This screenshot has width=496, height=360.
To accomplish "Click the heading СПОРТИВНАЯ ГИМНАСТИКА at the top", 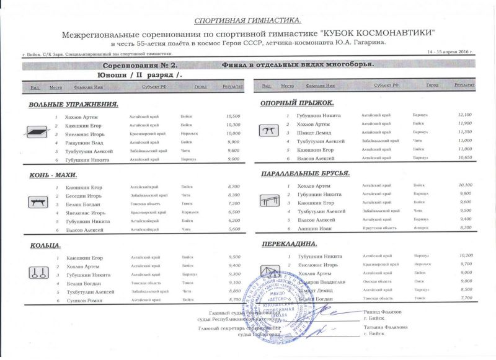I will tap(247, 20).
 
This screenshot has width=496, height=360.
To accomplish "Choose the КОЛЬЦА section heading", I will tap(45, 246).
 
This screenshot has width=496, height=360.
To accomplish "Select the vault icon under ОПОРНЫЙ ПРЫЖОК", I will tap(269, 131).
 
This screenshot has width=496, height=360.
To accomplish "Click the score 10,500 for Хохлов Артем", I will tap(233, 116).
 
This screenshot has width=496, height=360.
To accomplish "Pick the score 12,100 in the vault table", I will tap(464, 115).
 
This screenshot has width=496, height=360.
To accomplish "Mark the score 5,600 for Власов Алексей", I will tap(234, 230).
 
